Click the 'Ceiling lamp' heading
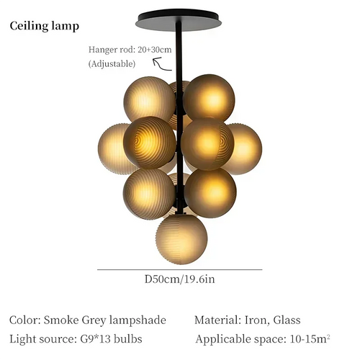[x=45, y=26]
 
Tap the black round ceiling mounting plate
[x=179, y=20]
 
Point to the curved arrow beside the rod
[x=162, y=64]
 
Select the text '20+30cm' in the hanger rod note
[x=155, y=50]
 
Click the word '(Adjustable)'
[x=112, y=64]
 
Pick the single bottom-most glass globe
[x=181, y=239]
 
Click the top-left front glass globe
[x=149, y=99]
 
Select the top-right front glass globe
[x=209, y=98]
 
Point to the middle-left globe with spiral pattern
[x=149, y=143]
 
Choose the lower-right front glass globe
[x=210, y=193]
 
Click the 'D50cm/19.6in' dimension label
[x=179, y=279]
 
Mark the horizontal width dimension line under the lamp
[x=179, y=270]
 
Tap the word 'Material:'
[x=217, y=320]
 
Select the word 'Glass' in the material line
[x=287, y=320]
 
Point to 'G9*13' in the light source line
[x=95, y=339]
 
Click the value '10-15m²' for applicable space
[x=310, y=339]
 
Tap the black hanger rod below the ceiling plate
[x=179, y=72]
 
